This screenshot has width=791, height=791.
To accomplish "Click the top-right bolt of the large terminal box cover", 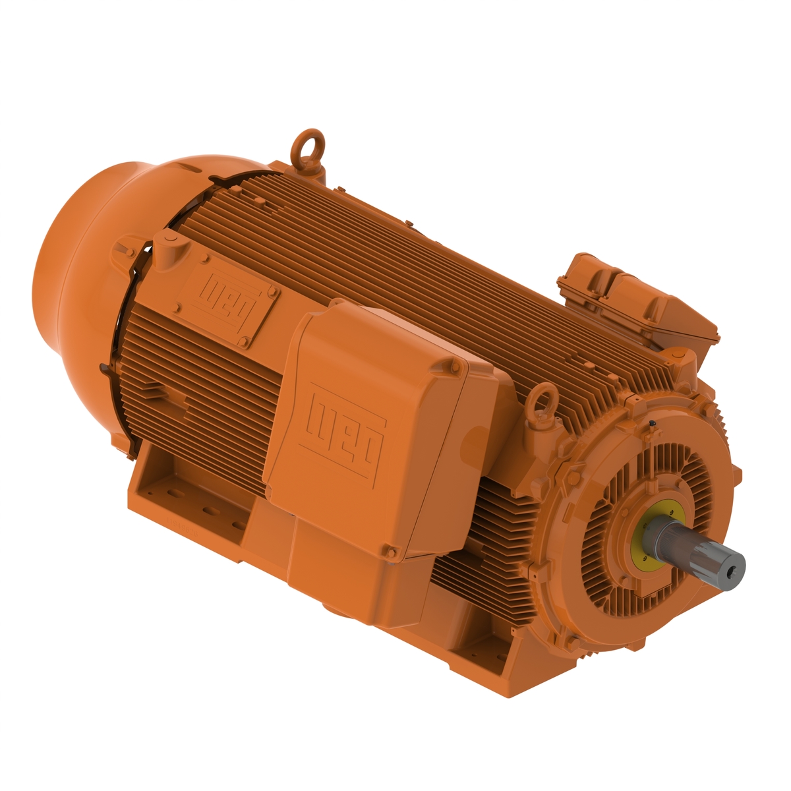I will click(456, 365).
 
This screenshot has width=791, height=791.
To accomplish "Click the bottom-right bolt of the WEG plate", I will click(246, 341).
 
